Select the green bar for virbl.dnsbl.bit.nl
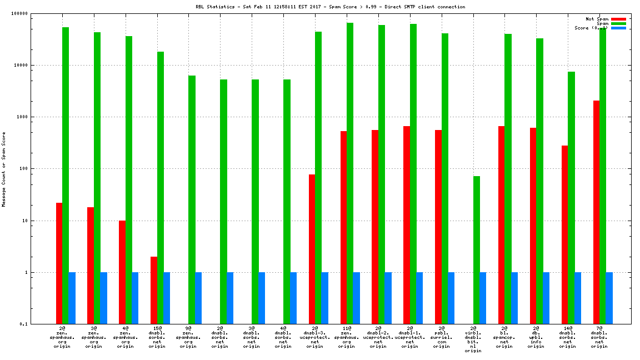pos(476,250)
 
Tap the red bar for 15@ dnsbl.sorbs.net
pos(154,290)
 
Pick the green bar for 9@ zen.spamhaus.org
pos(192,200)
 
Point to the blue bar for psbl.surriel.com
pos(451,298)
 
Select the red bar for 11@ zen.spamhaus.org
pos(343,228)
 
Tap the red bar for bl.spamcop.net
pos(501,225)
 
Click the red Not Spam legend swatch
pos(618,19)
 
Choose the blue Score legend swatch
pos(618,28)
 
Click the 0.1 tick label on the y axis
pos(39,324)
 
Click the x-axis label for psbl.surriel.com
pos(442,337)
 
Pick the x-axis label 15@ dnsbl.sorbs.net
pos(157,337)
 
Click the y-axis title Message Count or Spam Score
pos(4,169)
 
